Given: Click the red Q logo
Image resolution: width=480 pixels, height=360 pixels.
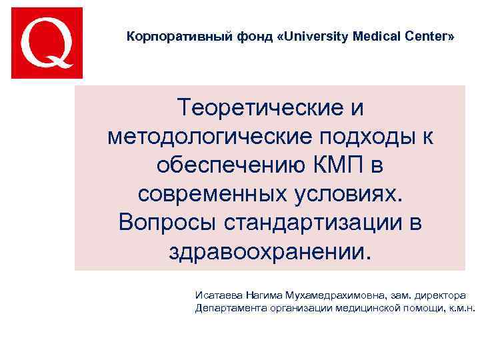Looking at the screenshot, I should [x=47, y=43].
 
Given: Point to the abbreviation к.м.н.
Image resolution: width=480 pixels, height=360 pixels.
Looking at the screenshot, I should [x=461, y=308].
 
